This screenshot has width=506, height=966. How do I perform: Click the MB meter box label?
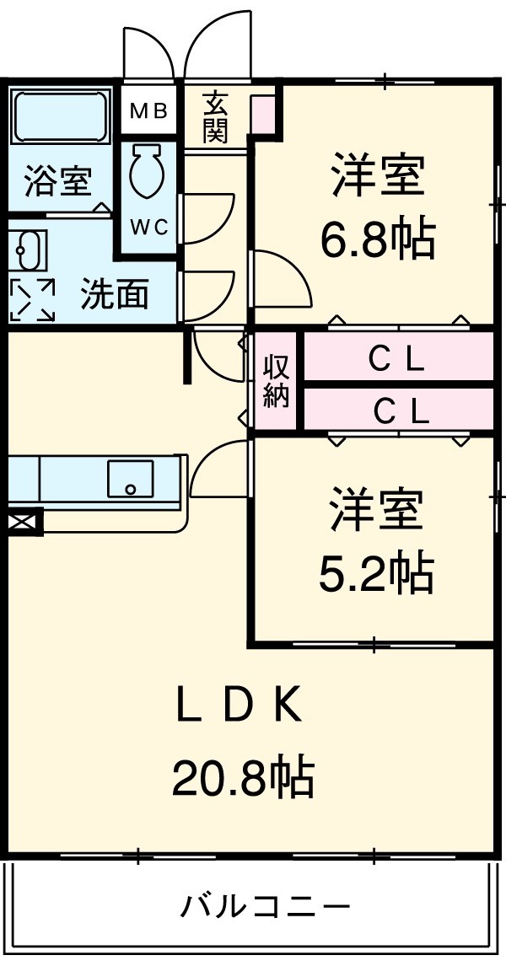coord(148,110)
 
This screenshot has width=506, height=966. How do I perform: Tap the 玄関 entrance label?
coord(215,117)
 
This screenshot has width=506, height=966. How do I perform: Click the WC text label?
coord(149,227)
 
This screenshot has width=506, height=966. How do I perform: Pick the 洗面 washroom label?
coord(115,294)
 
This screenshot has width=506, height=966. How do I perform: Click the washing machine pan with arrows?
coord(32,298)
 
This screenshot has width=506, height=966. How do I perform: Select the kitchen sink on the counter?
coord(130,479)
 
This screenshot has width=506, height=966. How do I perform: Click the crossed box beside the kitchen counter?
coord(24,523)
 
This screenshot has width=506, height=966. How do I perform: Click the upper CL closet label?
coord(396,360)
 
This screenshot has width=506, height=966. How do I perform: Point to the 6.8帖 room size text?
coord(377,241)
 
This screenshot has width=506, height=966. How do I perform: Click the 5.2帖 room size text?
coord(375,574)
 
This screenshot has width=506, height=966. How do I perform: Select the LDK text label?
coord(239,706)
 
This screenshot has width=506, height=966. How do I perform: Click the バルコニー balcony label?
coord(264,907)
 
